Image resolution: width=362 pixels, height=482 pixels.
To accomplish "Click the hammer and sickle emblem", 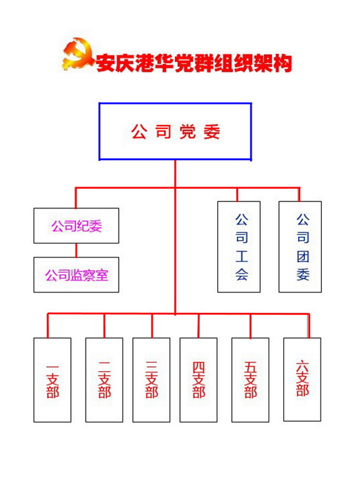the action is coord(78,54).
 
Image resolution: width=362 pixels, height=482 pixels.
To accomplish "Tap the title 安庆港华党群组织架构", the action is coord(194,63).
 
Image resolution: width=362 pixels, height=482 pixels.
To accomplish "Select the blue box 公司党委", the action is coord(175,132).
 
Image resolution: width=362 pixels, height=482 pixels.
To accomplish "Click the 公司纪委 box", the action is coord(77,226).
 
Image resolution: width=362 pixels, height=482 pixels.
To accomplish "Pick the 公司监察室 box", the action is coord(77,274).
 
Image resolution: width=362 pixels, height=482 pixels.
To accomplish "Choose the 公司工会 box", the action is coord(239,246).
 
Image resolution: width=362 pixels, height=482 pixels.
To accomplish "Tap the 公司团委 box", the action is coord(300,246).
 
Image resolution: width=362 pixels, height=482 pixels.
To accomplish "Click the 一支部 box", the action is coord(53,380).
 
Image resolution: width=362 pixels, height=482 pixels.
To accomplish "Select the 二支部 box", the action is coord(104,380).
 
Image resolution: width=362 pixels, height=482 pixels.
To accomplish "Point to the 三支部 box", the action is coord(151,380).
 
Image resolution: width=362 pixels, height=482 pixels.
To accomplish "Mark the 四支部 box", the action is coord(198,380).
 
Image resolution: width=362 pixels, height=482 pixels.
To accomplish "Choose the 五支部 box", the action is coord(250,380).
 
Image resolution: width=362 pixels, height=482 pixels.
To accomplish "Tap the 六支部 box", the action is coord(302,380).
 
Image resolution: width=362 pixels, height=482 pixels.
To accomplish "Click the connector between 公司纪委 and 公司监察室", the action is coord(76,250).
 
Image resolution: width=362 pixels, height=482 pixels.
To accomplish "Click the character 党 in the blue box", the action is coord(188,132).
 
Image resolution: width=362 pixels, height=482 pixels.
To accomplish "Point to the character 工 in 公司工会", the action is coord(242,256).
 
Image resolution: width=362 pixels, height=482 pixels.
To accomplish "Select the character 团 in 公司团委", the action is coord(303,256).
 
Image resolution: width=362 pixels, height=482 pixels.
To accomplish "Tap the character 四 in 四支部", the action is coord(198,367).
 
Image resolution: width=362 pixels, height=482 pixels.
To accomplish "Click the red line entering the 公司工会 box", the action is coord(237,194).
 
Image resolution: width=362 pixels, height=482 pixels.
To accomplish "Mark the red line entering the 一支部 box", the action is coord(48,326).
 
